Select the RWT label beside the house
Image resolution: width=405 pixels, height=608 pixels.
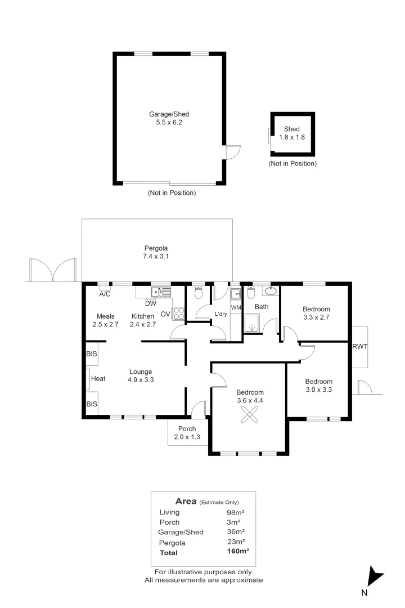click(x=359, y=347)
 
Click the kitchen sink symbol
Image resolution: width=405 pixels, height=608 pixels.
click(x=161, y=292)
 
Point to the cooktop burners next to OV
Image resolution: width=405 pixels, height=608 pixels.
click(x=179, y=314)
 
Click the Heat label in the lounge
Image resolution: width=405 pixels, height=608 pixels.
click(x=98, y=378)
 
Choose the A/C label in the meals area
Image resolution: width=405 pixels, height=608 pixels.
click(x=105, y=294)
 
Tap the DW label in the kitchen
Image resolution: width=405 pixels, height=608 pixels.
click(x=151, y=303)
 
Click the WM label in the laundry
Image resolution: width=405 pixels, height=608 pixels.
click(x=236, y=307)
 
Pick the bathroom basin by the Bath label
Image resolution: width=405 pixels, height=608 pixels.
click(x=271, y=290)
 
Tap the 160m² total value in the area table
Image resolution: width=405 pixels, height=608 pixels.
click(x=237, y=551)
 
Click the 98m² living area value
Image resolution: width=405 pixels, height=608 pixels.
click(x=236, y=512)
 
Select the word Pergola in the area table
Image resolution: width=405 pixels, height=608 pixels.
click(x=172, y=543)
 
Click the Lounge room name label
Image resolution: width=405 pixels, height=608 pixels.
click(x=141, y=372)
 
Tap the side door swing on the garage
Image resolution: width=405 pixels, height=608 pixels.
click(x=233, y=152)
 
